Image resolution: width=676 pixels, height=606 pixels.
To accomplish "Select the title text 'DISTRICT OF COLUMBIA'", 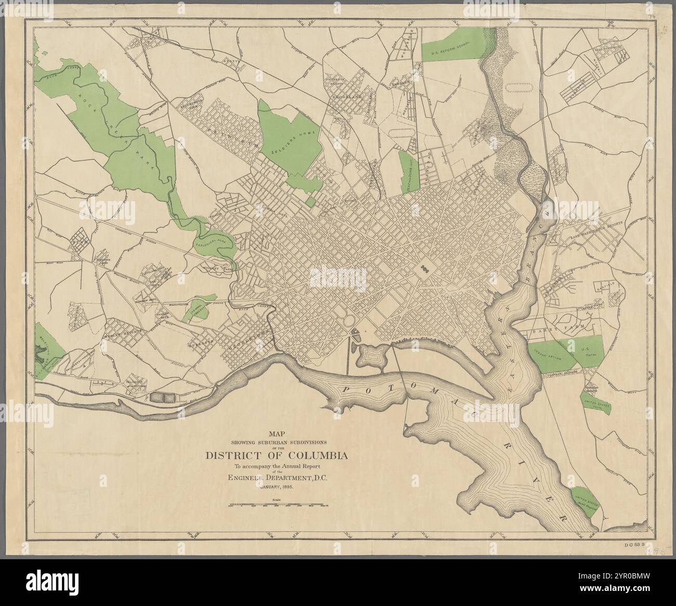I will (277, 456).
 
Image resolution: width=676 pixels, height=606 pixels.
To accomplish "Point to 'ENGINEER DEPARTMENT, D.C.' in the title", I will (277, 478).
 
